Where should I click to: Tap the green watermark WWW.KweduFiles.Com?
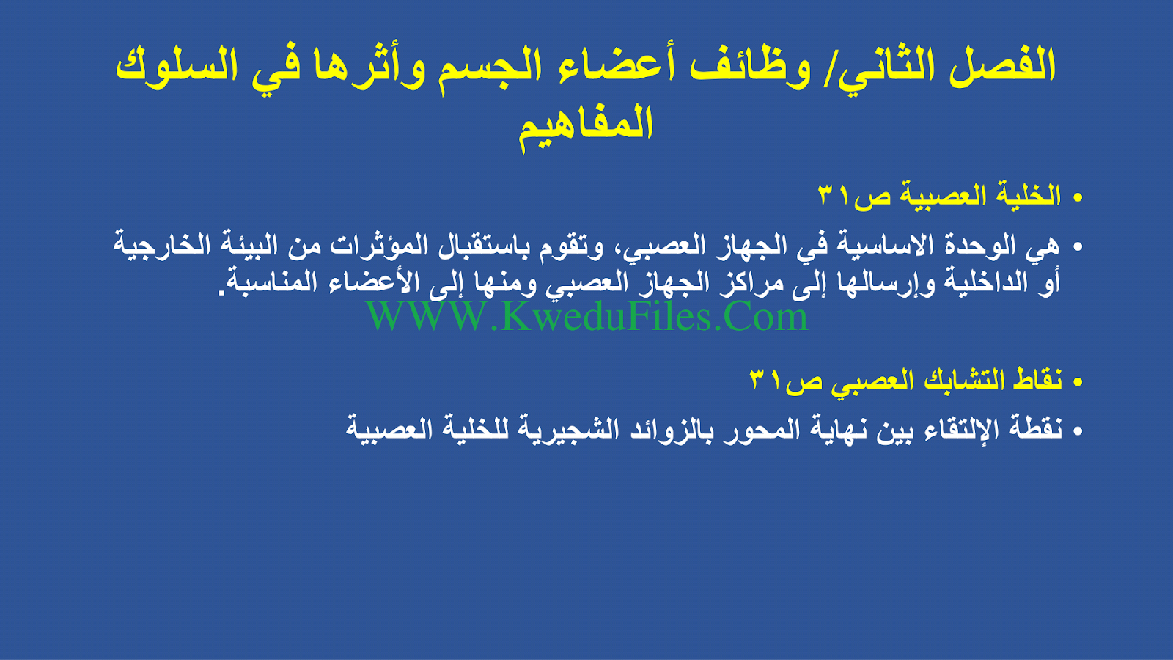[587, 316]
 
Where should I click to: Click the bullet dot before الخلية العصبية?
[1077, 198]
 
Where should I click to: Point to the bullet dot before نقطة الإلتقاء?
[1077, 432]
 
